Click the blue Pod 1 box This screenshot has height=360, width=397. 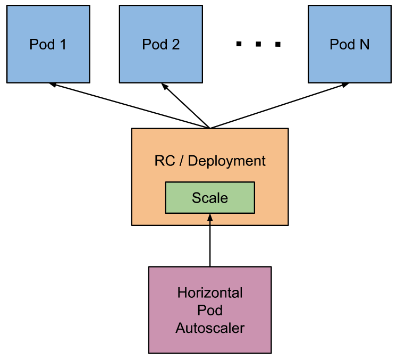tap(48, 44)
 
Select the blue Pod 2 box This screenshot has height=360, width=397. tap(161, 44)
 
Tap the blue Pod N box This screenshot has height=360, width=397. tap(349, 44)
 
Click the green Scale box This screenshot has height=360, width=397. tap(210, 198)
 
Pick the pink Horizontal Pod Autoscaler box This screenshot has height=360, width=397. tap(210, 309)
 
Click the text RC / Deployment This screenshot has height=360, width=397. tap(210, 161)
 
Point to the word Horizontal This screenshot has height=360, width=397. tap(210, 293)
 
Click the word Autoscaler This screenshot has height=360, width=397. tap(210, 328)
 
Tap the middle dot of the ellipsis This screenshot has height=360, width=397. tap(258, 45)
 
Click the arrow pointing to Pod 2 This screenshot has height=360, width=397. tap(186, 105)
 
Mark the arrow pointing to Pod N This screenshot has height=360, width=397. tap(279, 106)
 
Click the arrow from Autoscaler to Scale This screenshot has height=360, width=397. tap(210, 242)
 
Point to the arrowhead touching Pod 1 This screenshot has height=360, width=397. tap(52, 85)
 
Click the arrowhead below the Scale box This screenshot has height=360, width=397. tap(210, 217)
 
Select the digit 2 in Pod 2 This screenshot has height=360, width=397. tap(175, 44)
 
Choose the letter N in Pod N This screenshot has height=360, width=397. tap(364, 44)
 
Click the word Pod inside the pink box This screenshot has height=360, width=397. tap(210, 310)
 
